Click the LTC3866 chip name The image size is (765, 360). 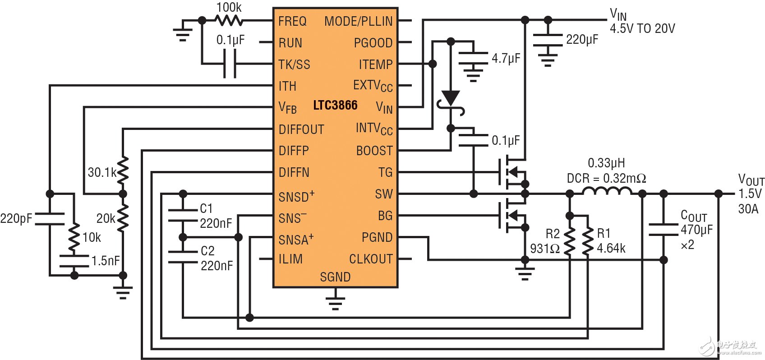335,106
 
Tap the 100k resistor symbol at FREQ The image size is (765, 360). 229,20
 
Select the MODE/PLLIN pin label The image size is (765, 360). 358,21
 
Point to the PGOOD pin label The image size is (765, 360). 373,43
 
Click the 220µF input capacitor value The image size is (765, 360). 582,40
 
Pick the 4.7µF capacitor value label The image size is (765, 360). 506,59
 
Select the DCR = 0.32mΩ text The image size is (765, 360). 606,179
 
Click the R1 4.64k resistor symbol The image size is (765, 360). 588,241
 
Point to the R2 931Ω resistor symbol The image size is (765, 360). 570,241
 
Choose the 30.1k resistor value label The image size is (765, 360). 102,172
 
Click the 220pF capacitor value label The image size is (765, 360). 16,219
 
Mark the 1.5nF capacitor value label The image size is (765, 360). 106,261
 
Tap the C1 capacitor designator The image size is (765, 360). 206,208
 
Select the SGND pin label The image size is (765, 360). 335,277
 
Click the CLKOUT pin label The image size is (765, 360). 371,259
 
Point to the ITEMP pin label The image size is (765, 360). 376,65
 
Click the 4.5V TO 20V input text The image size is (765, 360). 642,29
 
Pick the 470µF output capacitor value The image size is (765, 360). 696,230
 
